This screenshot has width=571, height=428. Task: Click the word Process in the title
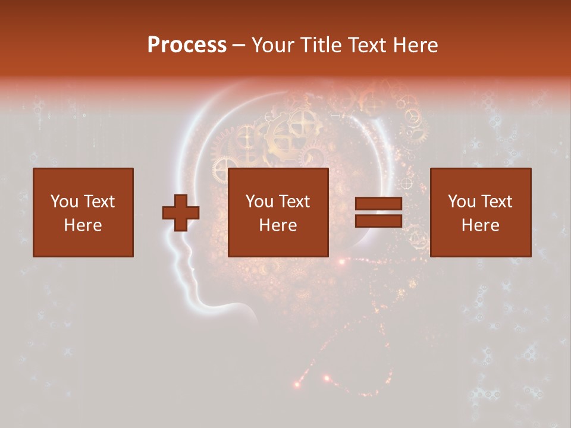187,45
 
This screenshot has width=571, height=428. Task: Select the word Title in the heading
322,45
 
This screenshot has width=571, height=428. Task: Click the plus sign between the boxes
181,213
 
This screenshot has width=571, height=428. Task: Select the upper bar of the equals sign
379,204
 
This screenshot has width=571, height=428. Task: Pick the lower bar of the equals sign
379,221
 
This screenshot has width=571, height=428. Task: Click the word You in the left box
64,202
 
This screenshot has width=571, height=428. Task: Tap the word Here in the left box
83,225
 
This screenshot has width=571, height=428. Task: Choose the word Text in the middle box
294,202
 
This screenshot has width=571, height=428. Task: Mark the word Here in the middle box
278,225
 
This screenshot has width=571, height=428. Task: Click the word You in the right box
461,202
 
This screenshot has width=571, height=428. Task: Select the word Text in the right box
496,202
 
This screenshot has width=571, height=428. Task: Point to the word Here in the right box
481,225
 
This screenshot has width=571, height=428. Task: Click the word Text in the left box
99,202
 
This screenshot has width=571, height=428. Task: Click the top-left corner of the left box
34,169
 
